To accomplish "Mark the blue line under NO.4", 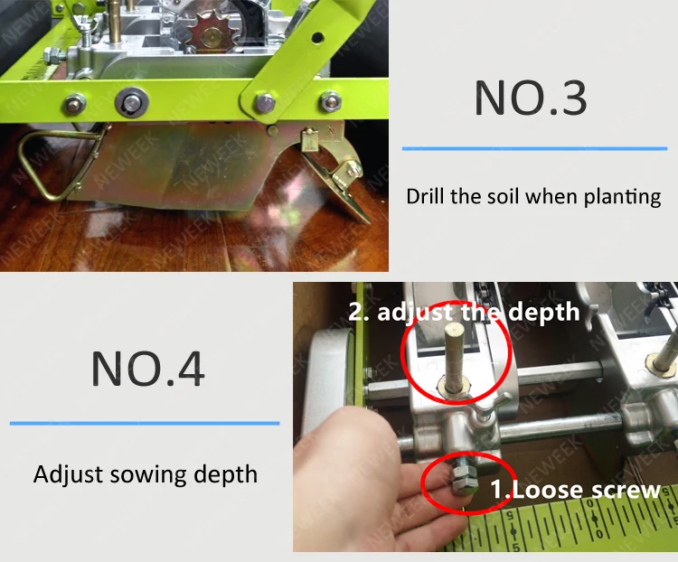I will point(145,422).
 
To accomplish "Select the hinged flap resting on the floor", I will point(342,185).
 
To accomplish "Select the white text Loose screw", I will point(575,491).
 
